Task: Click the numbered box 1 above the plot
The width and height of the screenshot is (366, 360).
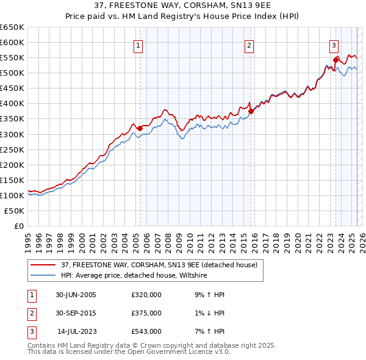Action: pos(139,45)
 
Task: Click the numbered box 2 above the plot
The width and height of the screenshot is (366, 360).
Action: pos(250,45)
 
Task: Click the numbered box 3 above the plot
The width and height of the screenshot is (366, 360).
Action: pos(334,45)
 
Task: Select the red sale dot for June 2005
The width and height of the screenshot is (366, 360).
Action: pos(140,128)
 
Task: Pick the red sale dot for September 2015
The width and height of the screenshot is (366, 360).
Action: pos(251,111)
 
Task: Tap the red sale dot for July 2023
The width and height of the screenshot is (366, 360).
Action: pos(335,60)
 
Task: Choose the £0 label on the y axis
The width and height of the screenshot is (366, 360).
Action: pos(18,226)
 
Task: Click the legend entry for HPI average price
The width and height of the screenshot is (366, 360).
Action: pos(134,276)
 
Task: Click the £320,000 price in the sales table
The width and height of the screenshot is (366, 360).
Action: pos(146,295)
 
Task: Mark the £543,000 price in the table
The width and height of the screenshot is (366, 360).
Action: pos(146,331)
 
